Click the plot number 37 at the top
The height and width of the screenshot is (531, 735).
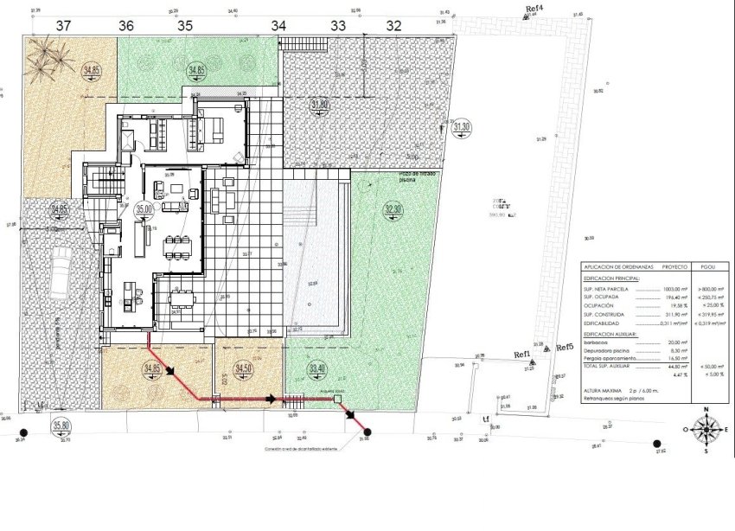63,26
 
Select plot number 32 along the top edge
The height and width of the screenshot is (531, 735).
393,26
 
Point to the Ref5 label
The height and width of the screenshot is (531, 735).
566,347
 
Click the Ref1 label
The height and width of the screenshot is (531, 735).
522,355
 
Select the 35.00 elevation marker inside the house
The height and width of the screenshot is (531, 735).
144,208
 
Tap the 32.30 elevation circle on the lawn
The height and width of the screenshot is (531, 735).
393,209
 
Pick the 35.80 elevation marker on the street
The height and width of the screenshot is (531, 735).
61,425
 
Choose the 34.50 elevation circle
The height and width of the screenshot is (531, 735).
245,369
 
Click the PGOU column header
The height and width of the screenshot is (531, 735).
711,268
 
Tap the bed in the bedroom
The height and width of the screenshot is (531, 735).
211,131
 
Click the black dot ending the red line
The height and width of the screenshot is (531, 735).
367,432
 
